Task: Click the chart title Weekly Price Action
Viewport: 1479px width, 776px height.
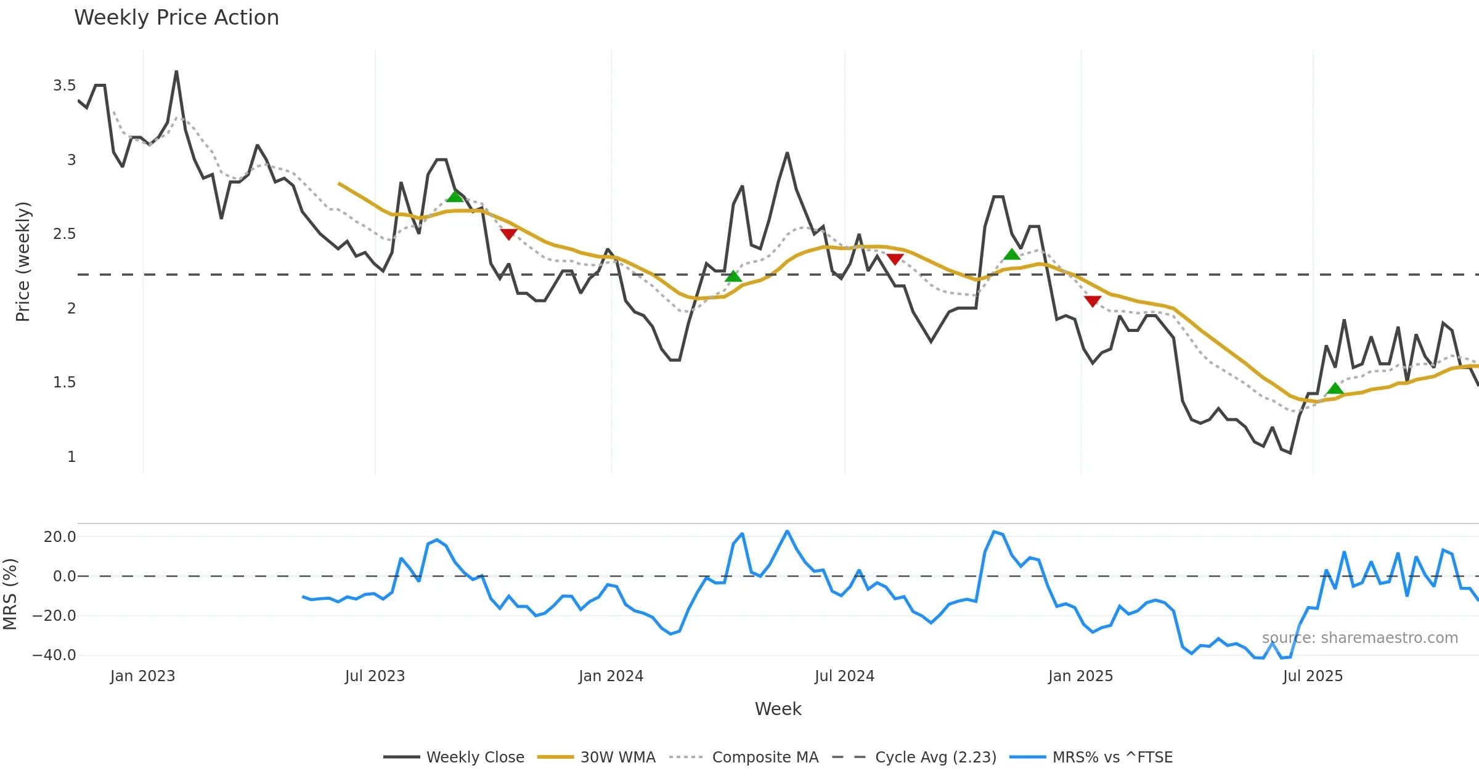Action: point(176,18)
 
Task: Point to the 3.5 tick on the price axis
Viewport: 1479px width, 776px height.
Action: point(64,86)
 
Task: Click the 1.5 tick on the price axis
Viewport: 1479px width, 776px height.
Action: point(64,382)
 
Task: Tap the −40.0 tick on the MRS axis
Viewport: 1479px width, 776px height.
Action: point(54,655)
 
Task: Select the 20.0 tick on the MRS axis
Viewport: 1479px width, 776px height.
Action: point(60,537)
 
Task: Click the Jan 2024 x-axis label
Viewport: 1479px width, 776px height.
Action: point(611,676)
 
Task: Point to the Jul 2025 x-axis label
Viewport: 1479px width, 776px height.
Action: point(1313,676)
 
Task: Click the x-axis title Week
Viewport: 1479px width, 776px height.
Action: point(778,709)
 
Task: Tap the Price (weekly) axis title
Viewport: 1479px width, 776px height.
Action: point(23,262)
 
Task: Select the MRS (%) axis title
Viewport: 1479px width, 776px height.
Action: point(10,594)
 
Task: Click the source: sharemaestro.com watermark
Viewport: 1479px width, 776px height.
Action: point(1359,638)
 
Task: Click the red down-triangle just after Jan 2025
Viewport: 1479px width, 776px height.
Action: point(1093,301)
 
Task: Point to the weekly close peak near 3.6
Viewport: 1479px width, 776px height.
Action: point(176,71)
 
